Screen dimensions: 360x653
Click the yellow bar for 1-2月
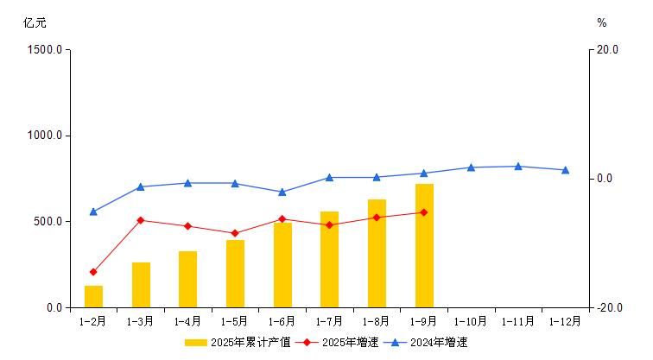click(x=93, y=296)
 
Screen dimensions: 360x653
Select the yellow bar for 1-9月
click(x=424, y=246)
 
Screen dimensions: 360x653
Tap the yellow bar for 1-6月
click(x=282, y=265)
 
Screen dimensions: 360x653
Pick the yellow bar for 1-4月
click(x=187, y=279)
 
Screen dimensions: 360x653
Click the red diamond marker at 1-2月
click(x=93, y=272)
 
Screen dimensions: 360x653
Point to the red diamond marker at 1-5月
click(x=235, y=233)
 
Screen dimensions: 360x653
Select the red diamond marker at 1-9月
click(x=424, y=212)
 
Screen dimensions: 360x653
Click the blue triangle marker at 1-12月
click(x=566, y=170)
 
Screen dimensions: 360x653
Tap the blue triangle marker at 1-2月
click(x=93, y=212)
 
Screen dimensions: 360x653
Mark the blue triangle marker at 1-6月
click(x=282, y=192)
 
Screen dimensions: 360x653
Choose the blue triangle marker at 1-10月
click(x=471, y=167)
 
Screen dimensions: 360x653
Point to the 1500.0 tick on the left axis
click(x=46, y=50)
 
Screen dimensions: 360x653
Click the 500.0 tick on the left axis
click(x=48, y=222)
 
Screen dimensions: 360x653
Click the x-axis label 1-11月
click(x=518, y=322)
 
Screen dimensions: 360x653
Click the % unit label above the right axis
click(x=602, y=23)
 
